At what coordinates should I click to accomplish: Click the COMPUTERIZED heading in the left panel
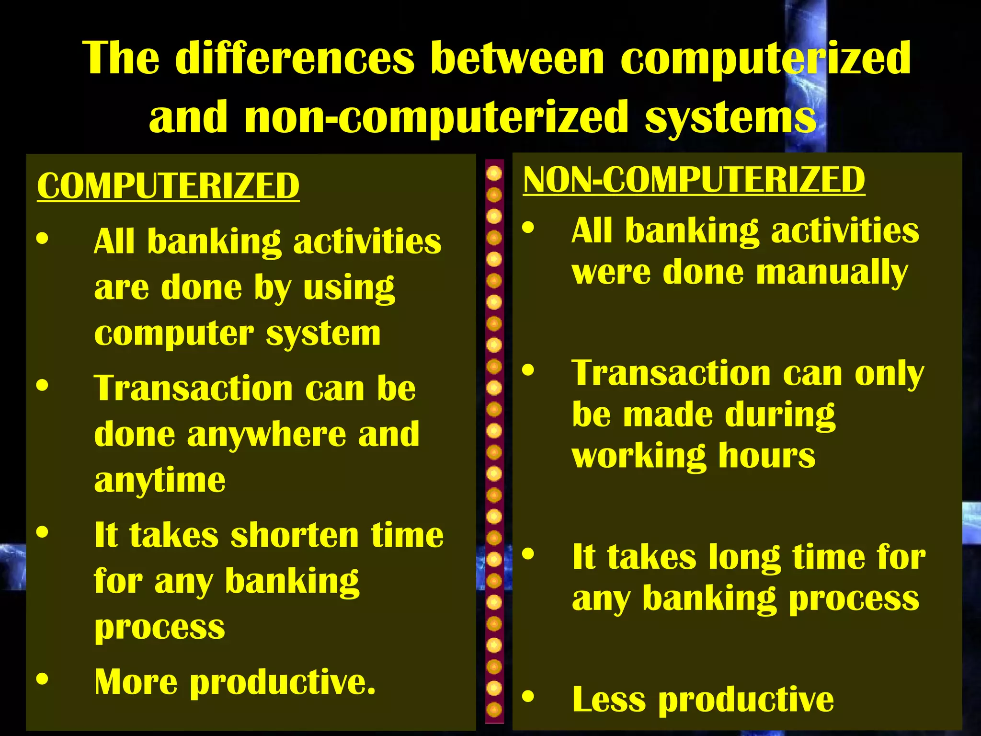(x=168, y=186)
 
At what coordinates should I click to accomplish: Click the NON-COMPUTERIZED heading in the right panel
(x=694, y=180)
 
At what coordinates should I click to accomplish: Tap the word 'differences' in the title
(x=295, y=58)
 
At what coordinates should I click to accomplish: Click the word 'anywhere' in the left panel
(x=266, y=435)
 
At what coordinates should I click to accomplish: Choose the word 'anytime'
(x=160, y=481)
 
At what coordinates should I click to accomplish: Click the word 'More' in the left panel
(x=136, y=682)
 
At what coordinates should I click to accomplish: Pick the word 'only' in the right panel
(x=889, y=374)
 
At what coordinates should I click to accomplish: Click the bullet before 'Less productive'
(x=528, y=697)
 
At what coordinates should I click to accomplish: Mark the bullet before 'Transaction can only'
(x=528, y=370)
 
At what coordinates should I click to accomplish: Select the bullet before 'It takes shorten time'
(x=43, y=532)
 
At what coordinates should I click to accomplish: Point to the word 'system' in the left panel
(x=323, y=334)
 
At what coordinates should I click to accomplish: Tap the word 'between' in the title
(x=517, y=58)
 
